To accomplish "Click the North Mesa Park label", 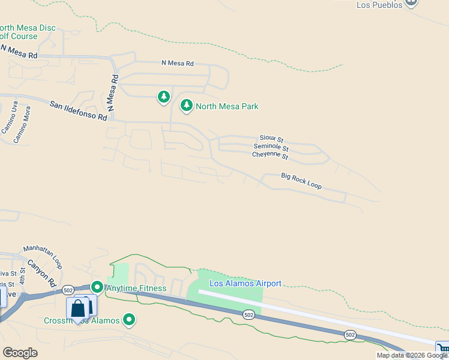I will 227,106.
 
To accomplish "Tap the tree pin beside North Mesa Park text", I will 187,106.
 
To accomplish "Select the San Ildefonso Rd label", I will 78,111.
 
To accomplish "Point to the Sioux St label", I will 271,139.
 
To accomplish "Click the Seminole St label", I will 271,148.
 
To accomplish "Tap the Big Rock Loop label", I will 301,181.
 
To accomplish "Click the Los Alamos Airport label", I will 245,283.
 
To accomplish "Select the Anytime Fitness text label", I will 136,288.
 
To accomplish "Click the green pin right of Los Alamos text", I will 128,320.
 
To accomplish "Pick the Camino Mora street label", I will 22,125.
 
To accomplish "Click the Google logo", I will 20,353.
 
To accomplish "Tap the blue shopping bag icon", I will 78,309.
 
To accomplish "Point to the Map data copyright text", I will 411,355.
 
